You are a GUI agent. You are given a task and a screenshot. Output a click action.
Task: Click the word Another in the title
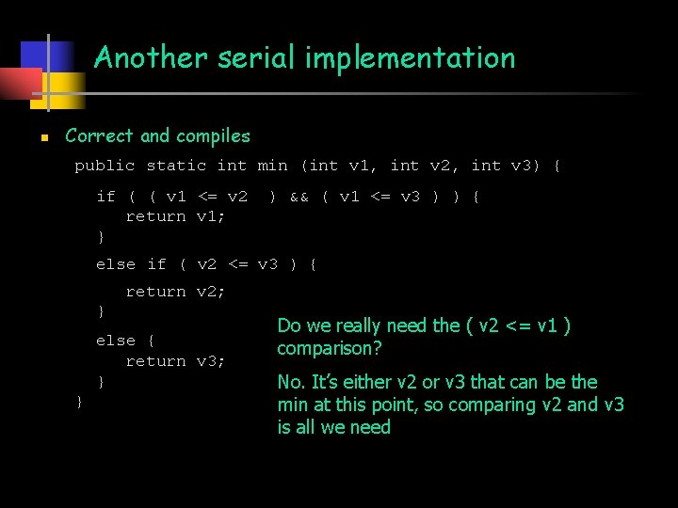click(x=152, y=58)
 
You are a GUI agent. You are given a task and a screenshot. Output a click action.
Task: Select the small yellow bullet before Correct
click(x=43, y=137)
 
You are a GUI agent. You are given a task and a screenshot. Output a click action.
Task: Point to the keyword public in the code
click(x=105, y=167)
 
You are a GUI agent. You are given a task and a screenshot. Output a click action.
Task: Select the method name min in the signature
click(x=272, y=167)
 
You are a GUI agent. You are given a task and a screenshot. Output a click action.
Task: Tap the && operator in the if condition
click(x=299, y=197)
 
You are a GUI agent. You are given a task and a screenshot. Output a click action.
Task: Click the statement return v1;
click(x=175, y=216)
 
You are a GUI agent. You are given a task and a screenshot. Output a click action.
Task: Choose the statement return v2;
click(x=175, y=292)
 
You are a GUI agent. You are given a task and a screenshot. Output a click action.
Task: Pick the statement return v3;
click(x=175, y=361)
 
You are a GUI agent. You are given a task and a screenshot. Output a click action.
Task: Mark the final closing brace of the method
click(x=79, y=402)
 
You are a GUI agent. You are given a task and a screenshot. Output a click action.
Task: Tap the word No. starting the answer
click(x=291, y=382)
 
